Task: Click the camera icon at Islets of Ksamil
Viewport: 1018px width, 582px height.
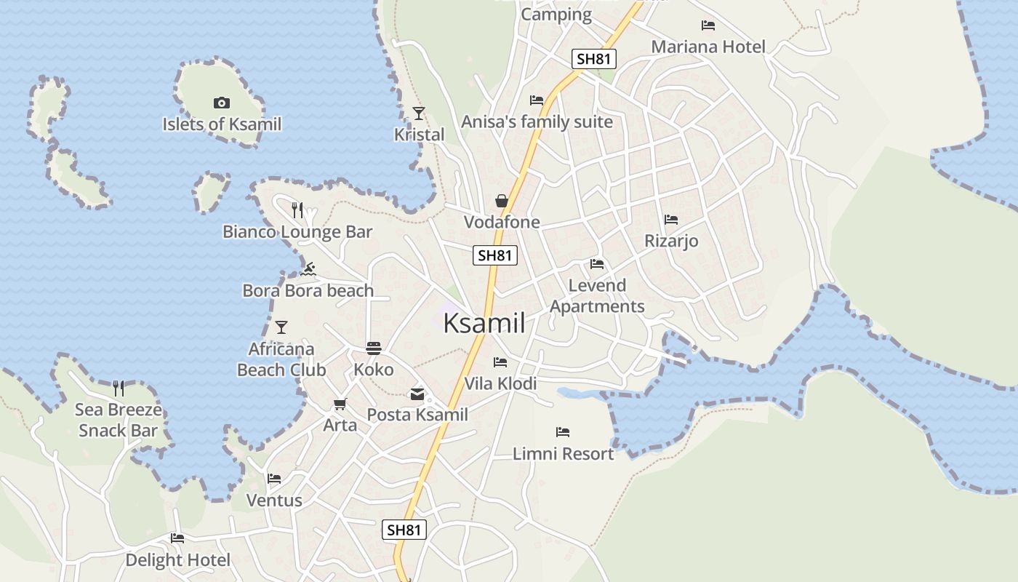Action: point(222,103)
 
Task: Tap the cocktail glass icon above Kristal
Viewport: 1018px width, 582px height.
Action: point(419,113)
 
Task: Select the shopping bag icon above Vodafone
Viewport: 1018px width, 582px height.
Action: point(502,200)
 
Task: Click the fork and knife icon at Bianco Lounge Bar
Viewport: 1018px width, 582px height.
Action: point(297,210)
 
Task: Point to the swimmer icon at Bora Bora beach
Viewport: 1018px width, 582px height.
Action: point(308,270)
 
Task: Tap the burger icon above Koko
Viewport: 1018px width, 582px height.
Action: point(374,348)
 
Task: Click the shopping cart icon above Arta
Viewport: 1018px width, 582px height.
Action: point(340,404)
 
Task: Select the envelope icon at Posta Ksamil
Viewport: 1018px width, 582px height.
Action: point(417,394)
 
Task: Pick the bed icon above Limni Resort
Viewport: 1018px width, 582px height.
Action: point(563,432)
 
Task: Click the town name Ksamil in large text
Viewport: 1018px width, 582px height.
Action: point(484,324)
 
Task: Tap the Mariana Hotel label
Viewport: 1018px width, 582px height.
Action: point(708,47)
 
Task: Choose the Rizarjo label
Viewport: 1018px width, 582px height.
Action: point(671,241)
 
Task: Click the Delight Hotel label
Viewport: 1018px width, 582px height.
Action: point(177,560)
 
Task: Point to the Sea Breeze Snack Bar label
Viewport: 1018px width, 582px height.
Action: point(118,420)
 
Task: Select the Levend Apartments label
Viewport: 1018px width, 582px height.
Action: point(597,295)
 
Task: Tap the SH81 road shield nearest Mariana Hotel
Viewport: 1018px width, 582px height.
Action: point(594,59)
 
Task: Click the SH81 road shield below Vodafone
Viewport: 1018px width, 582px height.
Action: point(495,255)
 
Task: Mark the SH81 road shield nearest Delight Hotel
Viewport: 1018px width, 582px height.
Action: point(404,530)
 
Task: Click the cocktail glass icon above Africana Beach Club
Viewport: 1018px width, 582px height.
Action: point(281,327)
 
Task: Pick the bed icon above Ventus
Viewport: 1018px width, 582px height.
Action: point(274,479)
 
